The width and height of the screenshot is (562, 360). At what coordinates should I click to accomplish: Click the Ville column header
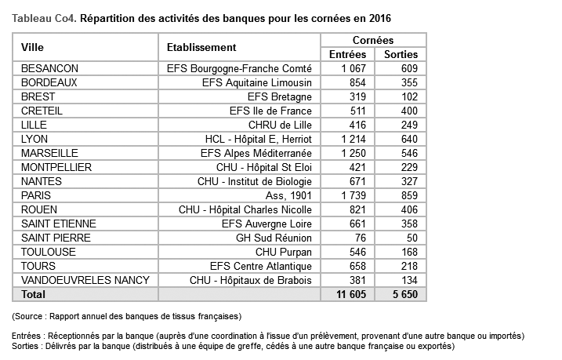tap(33, 48)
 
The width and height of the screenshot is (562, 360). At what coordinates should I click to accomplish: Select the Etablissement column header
tap(201, 48)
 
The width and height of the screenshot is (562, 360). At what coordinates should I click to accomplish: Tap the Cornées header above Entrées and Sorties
tap(373, 40)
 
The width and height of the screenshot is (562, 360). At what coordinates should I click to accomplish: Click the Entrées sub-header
tap(348, 55)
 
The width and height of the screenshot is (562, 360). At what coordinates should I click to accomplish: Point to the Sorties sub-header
tap(401, 55)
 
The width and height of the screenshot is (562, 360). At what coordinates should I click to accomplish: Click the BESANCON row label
tap(50, 68)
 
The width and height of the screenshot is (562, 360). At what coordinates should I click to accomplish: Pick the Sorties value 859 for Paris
tap(408, 195)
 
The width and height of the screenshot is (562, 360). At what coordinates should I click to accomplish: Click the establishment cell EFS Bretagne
tap(280, 96)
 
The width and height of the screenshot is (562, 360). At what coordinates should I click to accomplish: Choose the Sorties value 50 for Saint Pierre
tap(412, 238)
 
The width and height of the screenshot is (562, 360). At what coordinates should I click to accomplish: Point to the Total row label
tap(34, 294)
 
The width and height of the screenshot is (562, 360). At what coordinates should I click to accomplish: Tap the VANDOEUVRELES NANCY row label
tap(81, 280)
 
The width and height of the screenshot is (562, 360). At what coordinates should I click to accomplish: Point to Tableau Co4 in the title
tap(43, 16)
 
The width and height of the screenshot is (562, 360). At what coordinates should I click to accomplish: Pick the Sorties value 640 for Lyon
tap(408, 139)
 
